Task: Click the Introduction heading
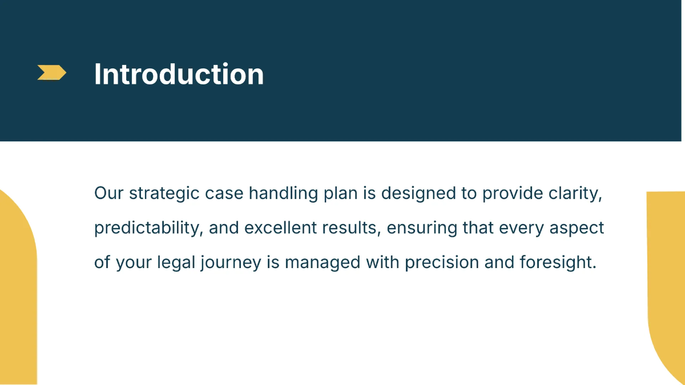tap(179, 74)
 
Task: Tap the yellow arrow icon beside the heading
tap(51, 72)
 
